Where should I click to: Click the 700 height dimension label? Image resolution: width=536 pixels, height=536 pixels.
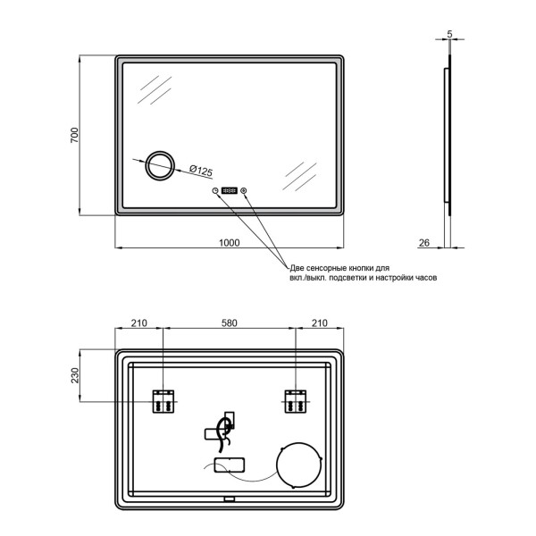[x=74, y=135]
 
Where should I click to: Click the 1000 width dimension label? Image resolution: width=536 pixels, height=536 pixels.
[x=229, y=243]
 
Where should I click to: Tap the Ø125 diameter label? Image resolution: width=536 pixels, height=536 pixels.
[x=201, y=171]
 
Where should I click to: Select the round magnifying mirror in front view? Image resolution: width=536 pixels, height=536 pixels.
[x=160, y=165]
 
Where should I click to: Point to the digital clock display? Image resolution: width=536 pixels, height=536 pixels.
[x=229, y=190]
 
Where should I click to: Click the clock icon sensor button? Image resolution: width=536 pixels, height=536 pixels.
[x=215, y=190]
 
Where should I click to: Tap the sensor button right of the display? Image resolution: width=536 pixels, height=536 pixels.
[x=244, y=190]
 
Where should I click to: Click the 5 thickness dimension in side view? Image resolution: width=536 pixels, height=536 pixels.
[x=449, y=34]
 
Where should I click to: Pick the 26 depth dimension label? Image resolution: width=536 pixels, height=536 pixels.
[x=423, y=243]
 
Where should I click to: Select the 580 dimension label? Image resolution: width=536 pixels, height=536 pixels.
[x=229, y=322]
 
